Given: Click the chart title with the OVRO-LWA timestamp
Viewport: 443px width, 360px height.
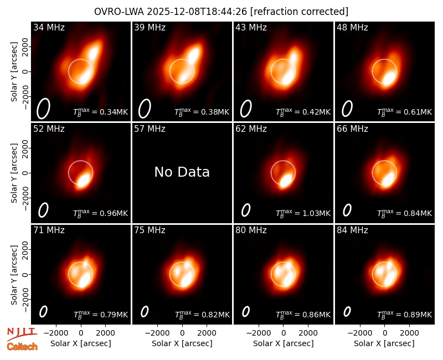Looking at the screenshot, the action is point(221,12).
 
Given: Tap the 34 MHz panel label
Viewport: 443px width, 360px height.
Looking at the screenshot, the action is point(49,27).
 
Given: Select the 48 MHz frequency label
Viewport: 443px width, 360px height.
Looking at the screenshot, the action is point(352,27).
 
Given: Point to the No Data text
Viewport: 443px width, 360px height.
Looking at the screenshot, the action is point(182,172).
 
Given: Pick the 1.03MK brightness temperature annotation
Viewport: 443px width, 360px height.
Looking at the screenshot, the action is point(303,213).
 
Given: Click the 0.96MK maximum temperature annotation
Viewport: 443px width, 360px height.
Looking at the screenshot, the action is point(101,213).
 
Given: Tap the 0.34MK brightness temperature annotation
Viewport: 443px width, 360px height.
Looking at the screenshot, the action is point(101,112).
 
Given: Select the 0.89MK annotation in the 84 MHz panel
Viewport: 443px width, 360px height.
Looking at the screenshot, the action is point(405,314).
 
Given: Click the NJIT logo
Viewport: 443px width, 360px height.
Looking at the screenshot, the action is point(22,333).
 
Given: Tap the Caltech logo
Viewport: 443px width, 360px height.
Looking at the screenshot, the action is point(22,347).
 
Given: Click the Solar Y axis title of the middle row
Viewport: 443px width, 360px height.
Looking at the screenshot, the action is point(14,173).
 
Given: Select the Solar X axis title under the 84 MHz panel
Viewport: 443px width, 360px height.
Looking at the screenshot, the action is point(384,343).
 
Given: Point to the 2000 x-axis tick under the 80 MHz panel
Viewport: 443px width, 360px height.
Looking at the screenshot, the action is point(308,333).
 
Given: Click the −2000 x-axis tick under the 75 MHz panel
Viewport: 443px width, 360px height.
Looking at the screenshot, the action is point(157,333).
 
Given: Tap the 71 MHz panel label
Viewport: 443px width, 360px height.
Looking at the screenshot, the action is point(49,230).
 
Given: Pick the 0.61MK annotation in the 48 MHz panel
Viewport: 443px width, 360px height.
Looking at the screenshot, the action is point(405,112).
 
